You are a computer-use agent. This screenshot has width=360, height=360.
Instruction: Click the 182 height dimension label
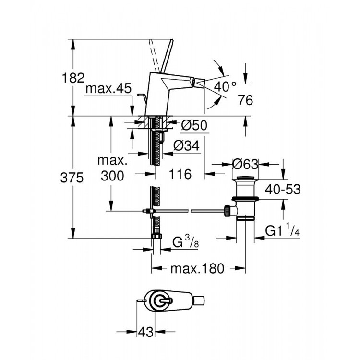pos(73,77)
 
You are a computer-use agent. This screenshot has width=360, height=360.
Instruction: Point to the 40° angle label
pos(225,87)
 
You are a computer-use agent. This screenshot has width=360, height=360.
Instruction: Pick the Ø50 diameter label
pos(194,126)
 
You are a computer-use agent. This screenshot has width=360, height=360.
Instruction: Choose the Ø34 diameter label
pos(187,144)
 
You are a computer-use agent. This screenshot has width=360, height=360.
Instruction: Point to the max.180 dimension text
pos(197,269)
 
